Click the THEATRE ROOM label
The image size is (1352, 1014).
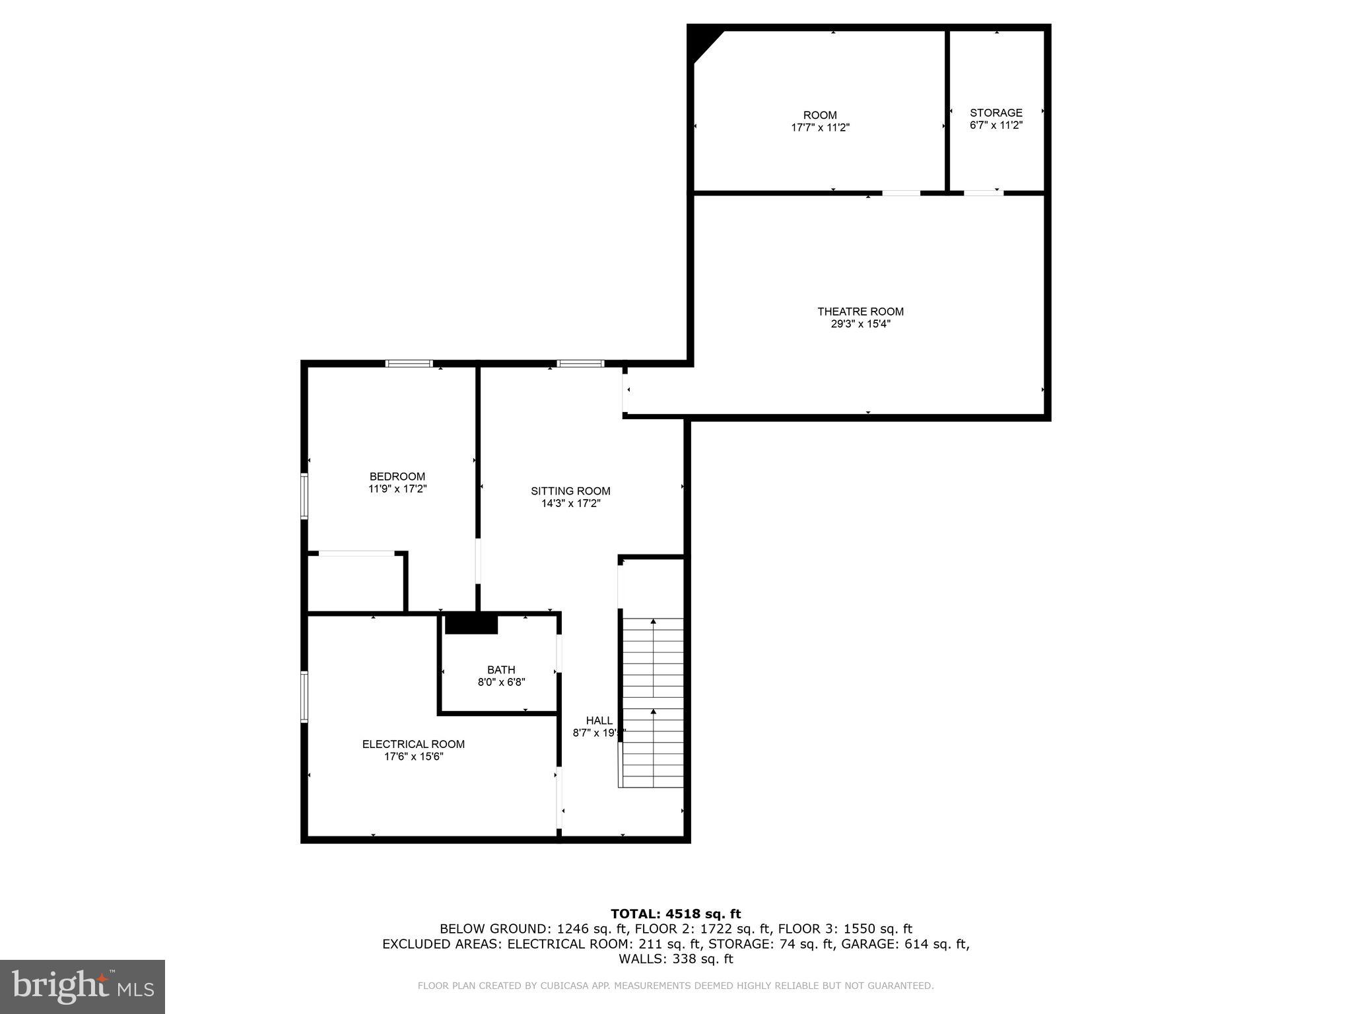pos(860,312)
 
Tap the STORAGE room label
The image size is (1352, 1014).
pos(996,113)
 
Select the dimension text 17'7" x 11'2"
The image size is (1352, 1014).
pos(820,127)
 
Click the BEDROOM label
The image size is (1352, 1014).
pos(397,477)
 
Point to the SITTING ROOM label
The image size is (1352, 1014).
pos(570,491)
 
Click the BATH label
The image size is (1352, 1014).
pos(501,670)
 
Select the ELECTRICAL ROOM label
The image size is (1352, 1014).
pos(413,744)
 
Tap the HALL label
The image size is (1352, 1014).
pos(599,720)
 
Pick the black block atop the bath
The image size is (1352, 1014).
pos(471,624)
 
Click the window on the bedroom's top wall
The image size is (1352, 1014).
pos(409,363)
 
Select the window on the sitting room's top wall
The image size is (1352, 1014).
pos(580,363)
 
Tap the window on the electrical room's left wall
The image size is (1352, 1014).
pos(304,696)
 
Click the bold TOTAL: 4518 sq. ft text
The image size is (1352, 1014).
pos(675,914)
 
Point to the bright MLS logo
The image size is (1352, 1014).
pos(82,986)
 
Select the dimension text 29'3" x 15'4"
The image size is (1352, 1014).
pos(860,324)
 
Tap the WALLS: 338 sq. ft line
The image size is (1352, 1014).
pos(675,959)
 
